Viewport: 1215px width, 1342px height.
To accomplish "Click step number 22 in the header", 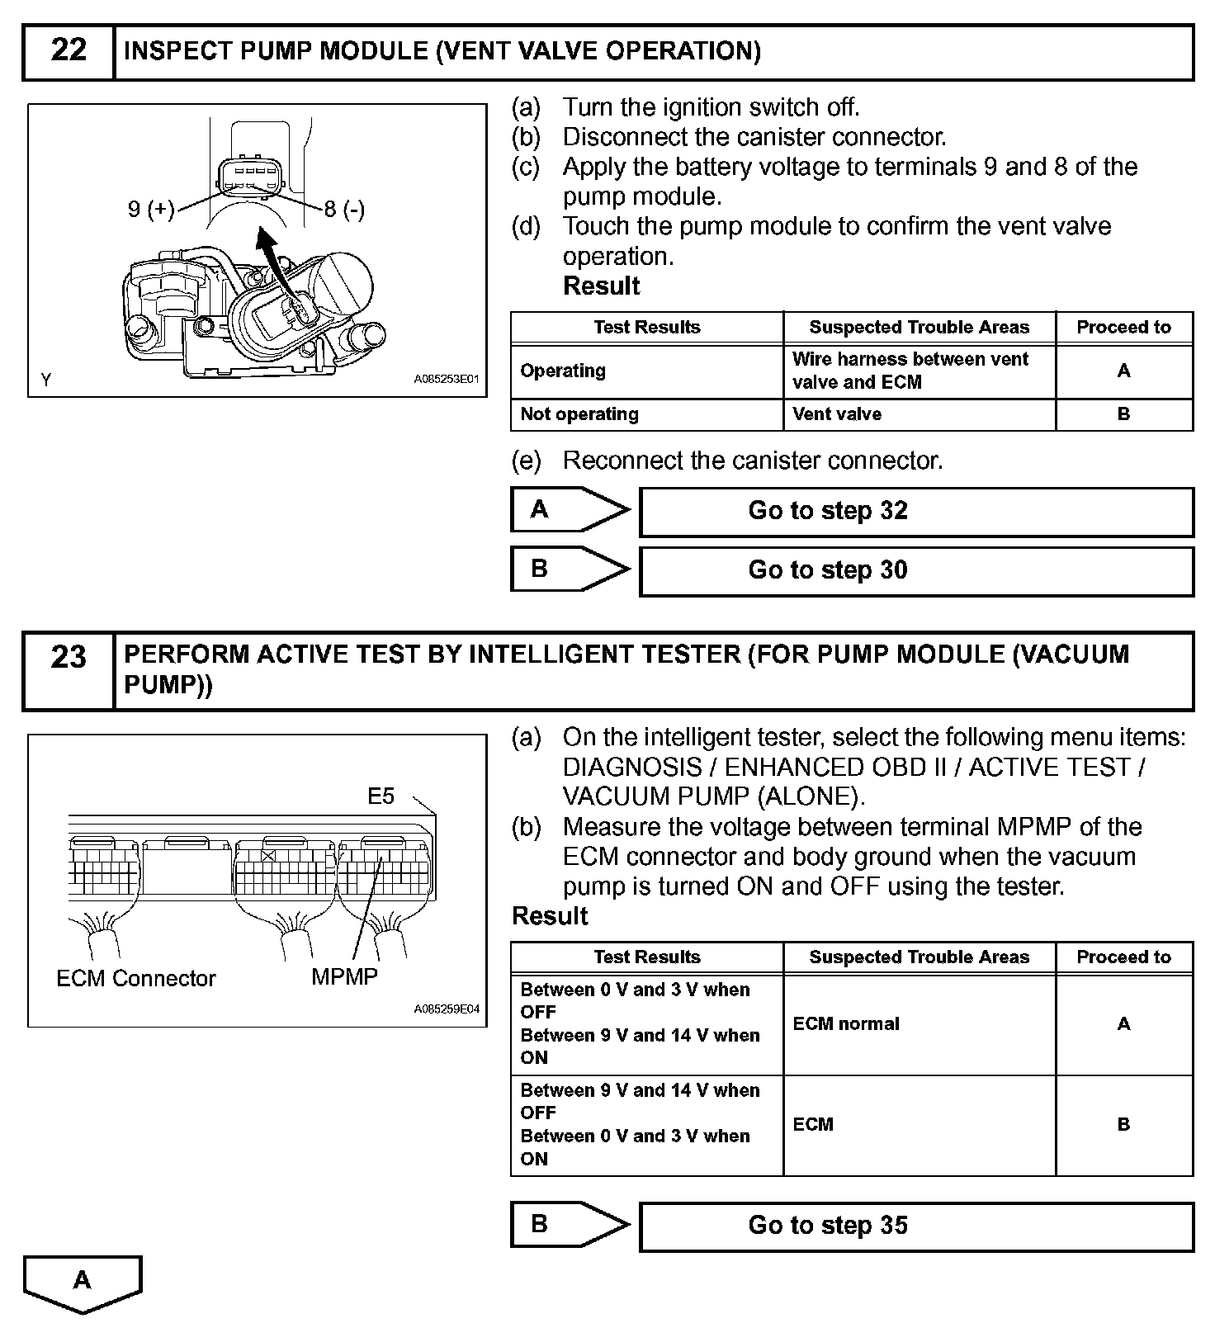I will (69, 51).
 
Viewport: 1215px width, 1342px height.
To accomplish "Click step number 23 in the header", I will (69, 658).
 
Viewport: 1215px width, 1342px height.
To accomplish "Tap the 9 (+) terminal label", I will (151, 210).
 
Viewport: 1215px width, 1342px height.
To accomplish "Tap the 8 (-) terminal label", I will (344, 210).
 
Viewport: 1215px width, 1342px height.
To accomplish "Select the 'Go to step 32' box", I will (916, 512).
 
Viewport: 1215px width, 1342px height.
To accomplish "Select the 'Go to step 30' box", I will (916, 571).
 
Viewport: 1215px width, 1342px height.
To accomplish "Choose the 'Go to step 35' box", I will (916, 1226).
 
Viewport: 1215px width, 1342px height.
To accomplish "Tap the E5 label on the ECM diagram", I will (381, 796).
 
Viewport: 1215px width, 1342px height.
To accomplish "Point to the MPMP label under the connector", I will (344, 977).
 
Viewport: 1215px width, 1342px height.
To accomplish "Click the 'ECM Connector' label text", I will (136, 979).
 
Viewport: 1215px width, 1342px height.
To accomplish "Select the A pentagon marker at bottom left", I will (83, 1283).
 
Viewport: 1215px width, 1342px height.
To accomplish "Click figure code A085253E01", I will (446, 380).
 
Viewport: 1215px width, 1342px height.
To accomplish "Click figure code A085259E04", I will (446, 1009).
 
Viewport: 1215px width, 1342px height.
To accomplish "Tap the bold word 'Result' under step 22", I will (601, 286).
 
